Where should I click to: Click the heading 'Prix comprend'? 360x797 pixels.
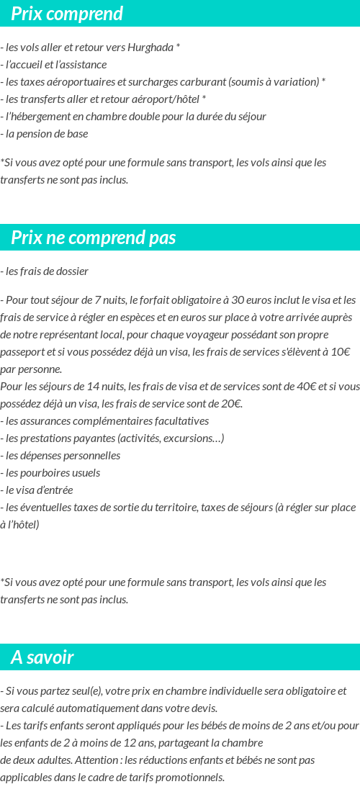click(67, 14)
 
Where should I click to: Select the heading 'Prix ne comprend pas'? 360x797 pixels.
click(94, 238)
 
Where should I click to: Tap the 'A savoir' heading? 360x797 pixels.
click(42, 657)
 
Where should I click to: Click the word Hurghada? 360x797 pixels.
click(150, 48)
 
